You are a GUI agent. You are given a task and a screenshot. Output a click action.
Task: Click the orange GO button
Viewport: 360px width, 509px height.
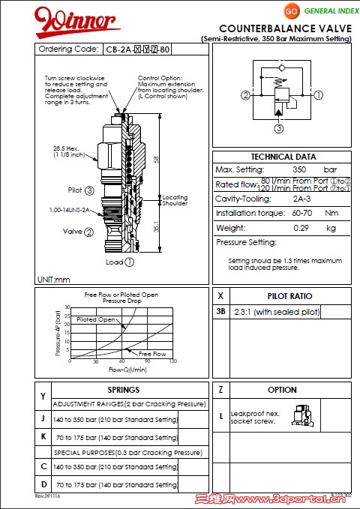292,11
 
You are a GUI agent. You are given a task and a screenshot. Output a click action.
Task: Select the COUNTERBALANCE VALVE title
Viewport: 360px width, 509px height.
285,28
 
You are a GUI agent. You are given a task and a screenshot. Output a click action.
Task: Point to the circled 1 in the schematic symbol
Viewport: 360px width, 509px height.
319,95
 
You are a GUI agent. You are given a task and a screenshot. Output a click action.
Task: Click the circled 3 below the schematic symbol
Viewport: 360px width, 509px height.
278,128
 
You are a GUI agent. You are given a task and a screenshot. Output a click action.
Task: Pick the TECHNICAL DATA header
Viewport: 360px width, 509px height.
283,157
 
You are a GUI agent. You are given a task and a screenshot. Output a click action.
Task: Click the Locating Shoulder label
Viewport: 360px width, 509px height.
175,200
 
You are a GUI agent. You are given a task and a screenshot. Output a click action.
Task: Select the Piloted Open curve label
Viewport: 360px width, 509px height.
96,320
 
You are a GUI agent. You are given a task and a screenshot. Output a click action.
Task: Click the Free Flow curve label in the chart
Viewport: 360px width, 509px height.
152,354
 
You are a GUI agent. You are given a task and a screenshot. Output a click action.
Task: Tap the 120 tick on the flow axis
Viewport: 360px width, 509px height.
173,362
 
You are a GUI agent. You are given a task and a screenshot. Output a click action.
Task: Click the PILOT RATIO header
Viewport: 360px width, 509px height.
289,296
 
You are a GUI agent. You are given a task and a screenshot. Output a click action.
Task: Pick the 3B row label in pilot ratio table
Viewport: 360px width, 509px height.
220,312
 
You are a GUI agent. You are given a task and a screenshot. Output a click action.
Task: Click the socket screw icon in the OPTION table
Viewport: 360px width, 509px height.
304,415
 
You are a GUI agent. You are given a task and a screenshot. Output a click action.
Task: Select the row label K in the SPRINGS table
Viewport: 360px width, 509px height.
43,436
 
